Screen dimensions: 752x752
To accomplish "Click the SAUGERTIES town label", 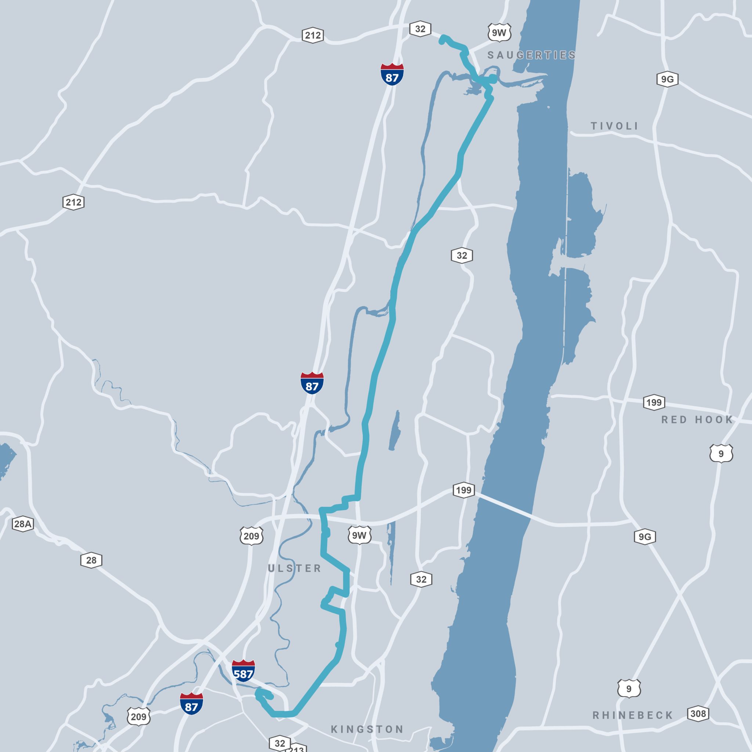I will (x=531, y=55).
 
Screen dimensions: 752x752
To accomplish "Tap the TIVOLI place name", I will (x=615, y=126).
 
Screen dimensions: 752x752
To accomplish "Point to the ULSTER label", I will (x=294, y=568).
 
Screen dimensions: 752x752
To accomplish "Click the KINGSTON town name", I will (x=367, y=729).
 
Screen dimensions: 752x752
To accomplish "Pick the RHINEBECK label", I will (x=633, y=715).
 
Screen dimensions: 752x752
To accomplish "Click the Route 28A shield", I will (x=22, y=524).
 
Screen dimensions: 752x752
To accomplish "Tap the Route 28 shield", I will (x=91, y=560).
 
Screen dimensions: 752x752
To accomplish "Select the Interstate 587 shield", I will (x=243, y=669).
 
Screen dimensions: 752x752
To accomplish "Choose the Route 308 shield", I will (x=698, y=713).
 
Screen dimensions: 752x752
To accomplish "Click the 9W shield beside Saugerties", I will (x=499, y=33).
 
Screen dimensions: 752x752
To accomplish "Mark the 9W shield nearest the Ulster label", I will (x=359, y=536).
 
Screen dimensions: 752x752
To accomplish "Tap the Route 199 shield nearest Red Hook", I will (x=654, y=402).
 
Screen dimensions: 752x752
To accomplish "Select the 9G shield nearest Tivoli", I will (x=667, y=80).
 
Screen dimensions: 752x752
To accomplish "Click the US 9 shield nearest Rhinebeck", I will (x=629, y=689).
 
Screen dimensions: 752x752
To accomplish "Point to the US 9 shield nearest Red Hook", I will (x=721, y=454).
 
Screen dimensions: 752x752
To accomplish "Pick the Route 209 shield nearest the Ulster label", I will (x=252, y=536).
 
